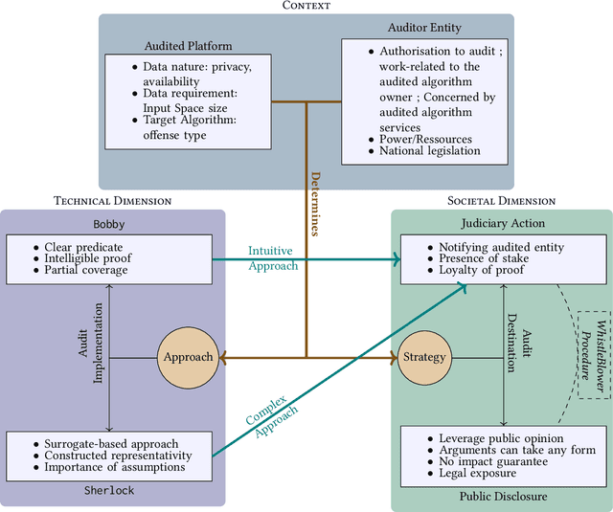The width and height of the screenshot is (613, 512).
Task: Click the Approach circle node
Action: coord(188,357)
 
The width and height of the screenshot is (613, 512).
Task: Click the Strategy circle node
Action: coord(424,357)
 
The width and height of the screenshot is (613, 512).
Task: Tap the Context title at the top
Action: coord(306,6)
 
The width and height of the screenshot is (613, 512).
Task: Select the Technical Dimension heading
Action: coord(114,201)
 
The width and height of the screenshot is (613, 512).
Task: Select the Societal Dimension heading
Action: coord(501,201)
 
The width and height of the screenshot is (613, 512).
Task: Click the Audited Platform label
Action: coord(188,45)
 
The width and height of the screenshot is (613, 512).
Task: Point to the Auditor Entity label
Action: coord(425,29)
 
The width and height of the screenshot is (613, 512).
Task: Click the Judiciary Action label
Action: coord(501,224)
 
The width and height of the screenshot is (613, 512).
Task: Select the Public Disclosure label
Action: coord(501,497)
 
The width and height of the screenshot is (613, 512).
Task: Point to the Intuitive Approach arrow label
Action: coord(273,257)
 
